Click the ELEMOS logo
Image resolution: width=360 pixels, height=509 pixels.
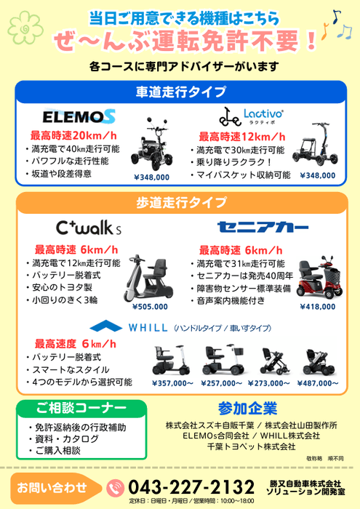(79, 116)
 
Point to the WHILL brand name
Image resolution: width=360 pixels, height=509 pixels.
(148, 328)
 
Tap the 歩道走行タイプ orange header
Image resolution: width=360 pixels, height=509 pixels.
(180, 201)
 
